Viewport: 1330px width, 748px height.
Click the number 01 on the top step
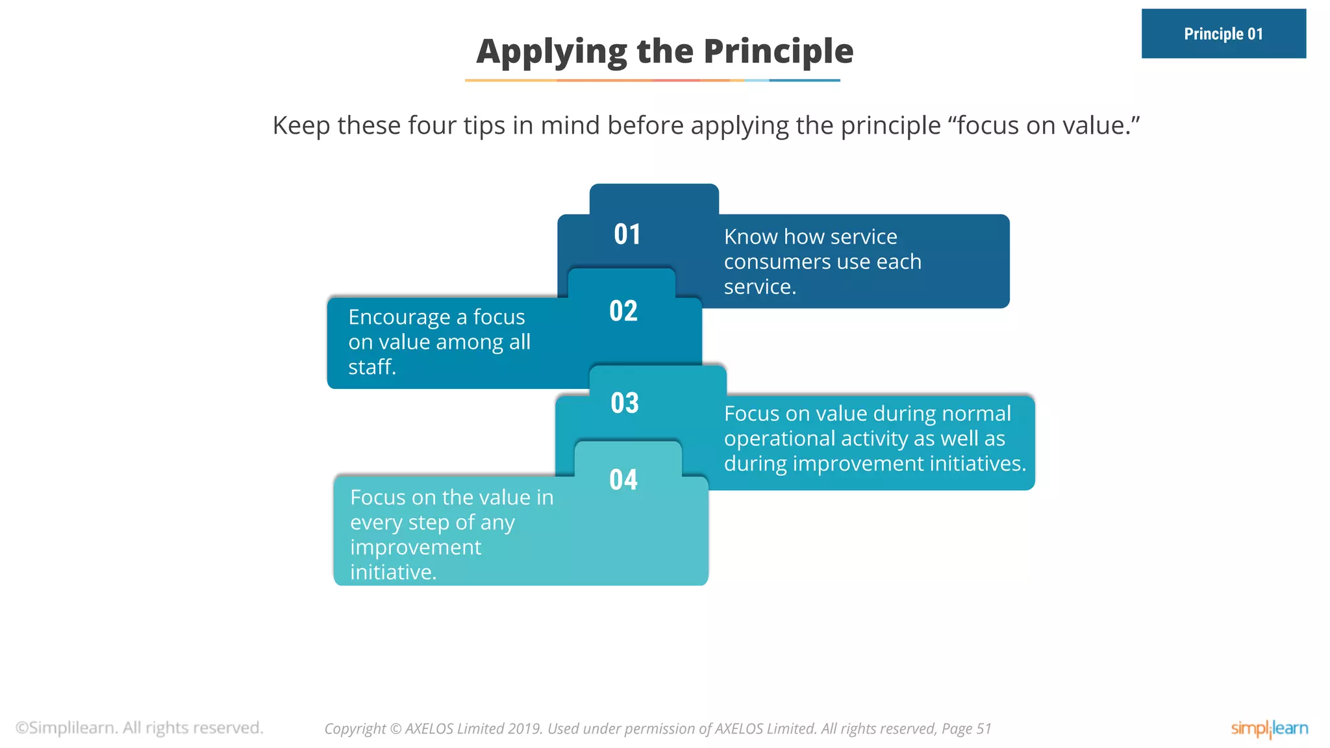627,234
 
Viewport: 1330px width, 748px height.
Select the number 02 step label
623,311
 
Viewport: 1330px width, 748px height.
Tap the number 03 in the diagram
625,403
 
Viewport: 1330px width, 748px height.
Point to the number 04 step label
623,480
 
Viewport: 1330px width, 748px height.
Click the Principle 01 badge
1223,34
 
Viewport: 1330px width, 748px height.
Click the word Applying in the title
552,52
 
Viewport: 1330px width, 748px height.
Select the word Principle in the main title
779,52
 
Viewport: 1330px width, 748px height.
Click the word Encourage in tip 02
399,318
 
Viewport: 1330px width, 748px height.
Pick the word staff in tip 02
371,367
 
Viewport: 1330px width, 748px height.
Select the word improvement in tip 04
416,548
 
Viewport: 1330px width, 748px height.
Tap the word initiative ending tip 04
393,572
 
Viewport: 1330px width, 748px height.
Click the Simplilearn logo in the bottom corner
1270,729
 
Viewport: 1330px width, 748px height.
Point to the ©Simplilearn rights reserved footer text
140,728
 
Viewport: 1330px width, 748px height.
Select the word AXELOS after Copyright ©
429,729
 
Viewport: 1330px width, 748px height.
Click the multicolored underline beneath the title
653,81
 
